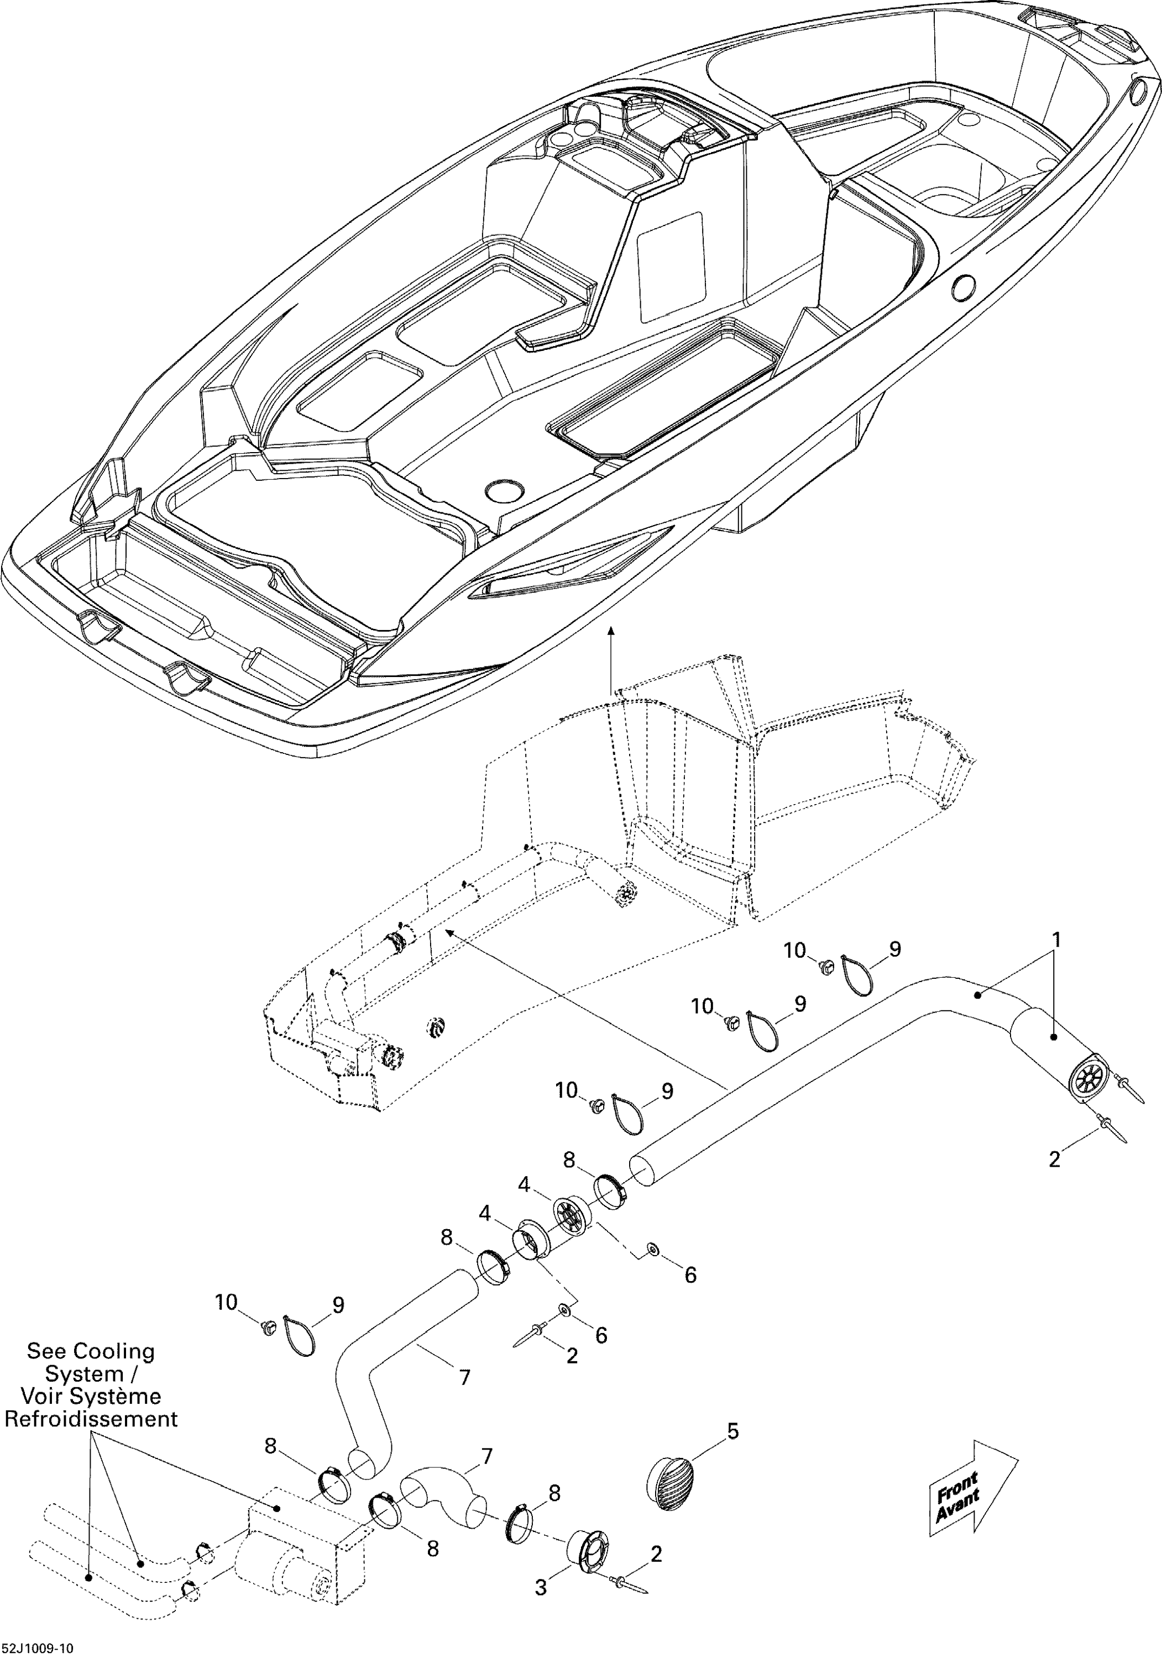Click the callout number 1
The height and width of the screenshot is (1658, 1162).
(x=1055, y=940)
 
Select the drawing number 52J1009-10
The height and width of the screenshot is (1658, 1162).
(x=37, y=1648)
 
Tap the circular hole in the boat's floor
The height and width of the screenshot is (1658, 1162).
(x=504, y=491)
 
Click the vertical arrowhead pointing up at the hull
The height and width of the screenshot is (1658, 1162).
(x=612, y=631)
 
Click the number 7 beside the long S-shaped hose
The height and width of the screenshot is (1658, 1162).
(x=464, y=1378)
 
